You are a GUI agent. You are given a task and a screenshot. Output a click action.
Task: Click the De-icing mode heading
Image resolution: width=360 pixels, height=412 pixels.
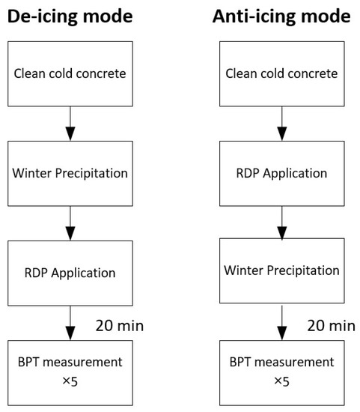70,16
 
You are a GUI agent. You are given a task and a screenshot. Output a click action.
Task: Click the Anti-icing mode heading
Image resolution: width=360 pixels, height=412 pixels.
281,16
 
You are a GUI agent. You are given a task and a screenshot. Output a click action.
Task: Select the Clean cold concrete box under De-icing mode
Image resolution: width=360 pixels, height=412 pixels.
70,73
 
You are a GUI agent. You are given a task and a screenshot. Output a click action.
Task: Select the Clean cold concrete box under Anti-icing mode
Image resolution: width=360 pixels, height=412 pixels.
281,73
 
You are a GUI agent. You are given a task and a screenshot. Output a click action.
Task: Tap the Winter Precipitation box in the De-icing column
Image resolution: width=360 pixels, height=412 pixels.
70,173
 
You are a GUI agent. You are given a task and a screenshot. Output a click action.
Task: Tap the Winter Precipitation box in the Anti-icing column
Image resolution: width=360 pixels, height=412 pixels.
281,270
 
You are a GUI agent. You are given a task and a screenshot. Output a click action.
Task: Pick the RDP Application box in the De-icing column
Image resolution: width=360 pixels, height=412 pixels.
70,271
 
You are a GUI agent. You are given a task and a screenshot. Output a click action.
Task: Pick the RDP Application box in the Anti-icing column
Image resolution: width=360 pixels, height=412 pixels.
281,173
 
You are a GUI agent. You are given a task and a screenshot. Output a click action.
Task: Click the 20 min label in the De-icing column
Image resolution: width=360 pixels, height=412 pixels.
120,325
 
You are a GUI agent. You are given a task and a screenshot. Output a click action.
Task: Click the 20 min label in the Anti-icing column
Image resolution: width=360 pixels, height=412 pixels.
331,325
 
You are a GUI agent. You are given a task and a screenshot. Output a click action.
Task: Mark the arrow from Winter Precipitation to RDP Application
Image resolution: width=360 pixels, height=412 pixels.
70,222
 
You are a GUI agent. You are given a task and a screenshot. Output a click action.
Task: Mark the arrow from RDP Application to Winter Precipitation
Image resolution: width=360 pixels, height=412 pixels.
281,221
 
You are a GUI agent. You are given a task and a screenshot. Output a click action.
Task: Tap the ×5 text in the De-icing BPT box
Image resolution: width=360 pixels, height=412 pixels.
70,381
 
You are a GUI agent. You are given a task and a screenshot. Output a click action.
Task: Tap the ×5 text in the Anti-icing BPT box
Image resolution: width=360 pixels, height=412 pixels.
281,381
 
